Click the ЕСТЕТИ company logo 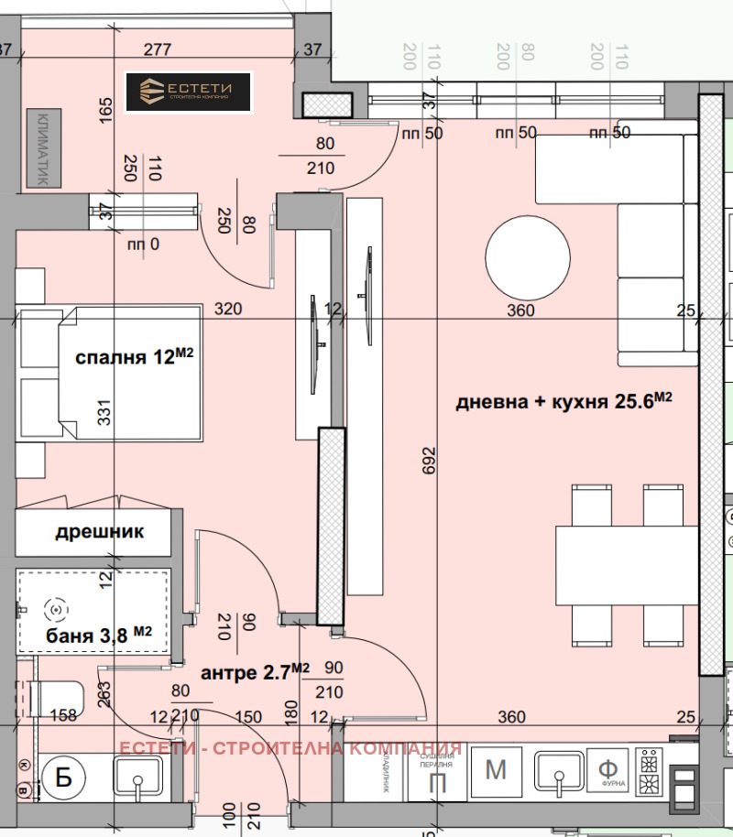[x=188, y=92]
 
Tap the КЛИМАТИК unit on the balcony [x=41, y=148]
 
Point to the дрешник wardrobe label [x=100, y=532]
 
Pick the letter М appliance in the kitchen [x=496, y=769]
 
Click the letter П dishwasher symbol [x=439, y=781]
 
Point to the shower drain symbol [x=55, y=608]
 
